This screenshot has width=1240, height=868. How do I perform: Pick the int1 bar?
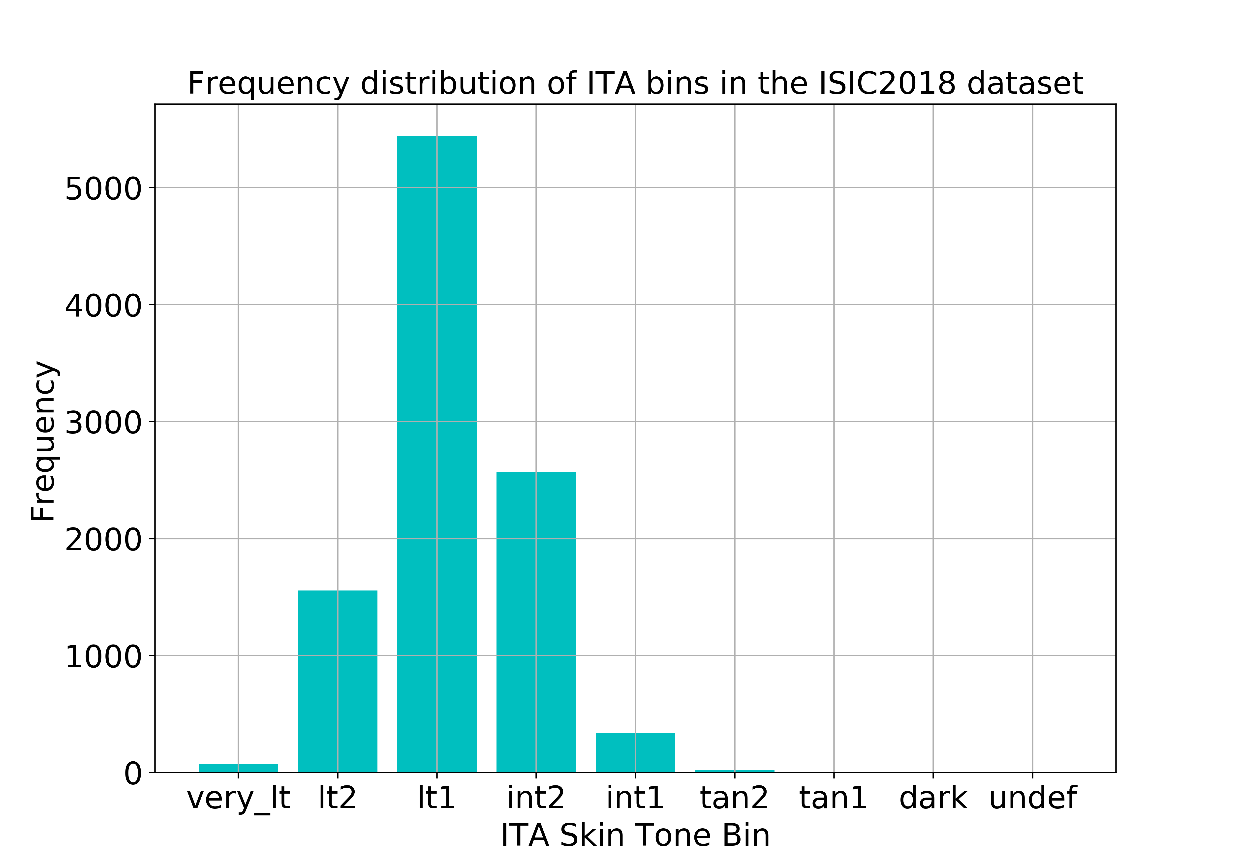point(635,752)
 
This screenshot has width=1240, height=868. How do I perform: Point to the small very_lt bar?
point(238,768)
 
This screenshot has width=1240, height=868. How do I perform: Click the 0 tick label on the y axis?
point(133,774)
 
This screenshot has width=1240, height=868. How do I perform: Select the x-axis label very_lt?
point(238,798)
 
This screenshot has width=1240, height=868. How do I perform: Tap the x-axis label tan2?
point(734,798)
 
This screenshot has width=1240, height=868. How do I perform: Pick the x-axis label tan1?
point(833,798)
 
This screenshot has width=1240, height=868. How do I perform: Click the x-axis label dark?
point(933,798)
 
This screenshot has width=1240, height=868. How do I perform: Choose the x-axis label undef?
point(1032,798)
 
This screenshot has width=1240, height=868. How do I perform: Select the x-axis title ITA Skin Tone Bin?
point(635,836)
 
